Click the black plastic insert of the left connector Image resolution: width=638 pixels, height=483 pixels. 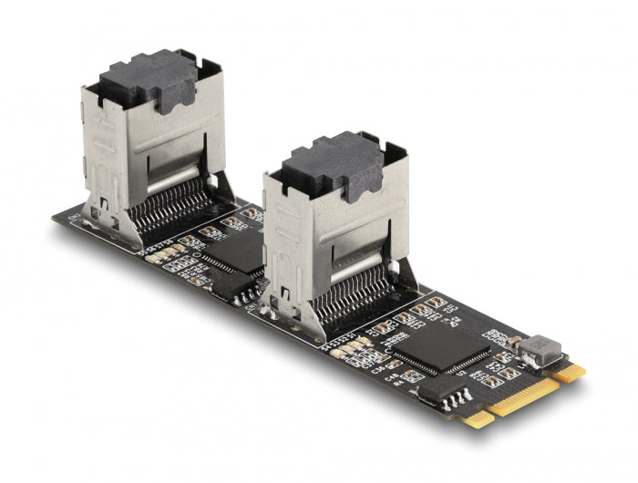tap(149, 79)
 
